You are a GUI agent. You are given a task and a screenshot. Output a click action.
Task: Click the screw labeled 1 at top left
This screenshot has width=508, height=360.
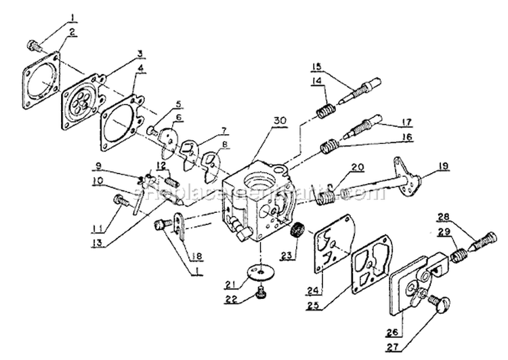pyautogui.click(x=33, y=45)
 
